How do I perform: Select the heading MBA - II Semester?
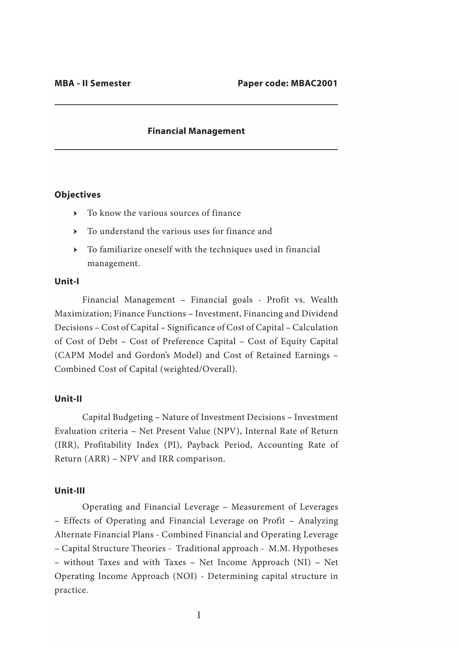[93, 83]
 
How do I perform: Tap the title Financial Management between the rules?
[196, 131]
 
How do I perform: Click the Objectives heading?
[78, 194]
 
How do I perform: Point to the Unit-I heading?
[67, 281]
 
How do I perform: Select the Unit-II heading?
[68, 399]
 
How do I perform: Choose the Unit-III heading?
[70, 490]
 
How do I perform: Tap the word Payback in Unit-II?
[203, 445]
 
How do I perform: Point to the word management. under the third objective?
[113, 263]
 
